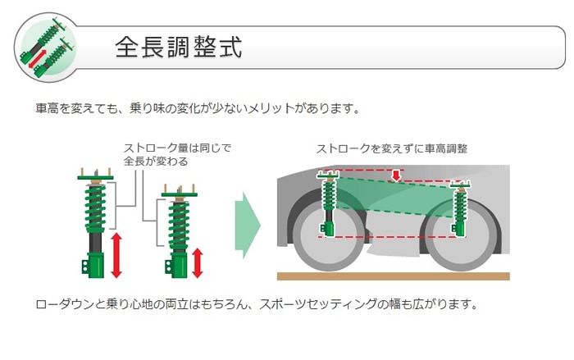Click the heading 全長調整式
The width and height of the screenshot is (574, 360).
(x=178, y=47)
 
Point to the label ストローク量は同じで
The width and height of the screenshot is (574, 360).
(x=177, y=148)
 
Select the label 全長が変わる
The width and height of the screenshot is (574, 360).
(x=156, y=162)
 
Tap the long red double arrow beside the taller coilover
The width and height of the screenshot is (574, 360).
(x=116, y=255)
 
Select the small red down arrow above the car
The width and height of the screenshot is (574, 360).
(x=396, y=175)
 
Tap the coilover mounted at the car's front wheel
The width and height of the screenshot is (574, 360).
(x=330, y=205)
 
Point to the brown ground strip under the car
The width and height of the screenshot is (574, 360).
(x=393, y=276)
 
